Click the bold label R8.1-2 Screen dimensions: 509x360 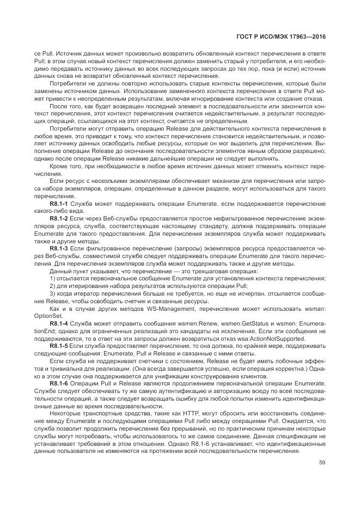58,218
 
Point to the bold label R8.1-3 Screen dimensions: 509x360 58,248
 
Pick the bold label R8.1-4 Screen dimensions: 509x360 58,323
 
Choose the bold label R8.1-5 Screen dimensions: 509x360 58,345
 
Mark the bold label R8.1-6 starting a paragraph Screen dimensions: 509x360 58,383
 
